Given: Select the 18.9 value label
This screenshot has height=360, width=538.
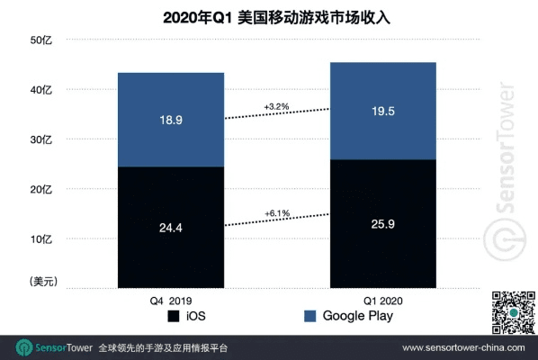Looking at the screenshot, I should point(171,121).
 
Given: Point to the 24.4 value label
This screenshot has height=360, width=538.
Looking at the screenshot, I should point(171,228).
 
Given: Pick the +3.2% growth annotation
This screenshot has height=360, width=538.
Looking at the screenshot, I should point(276,106).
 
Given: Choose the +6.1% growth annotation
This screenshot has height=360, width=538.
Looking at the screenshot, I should point(276,212).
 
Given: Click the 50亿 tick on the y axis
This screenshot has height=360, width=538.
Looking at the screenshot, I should point(42,40).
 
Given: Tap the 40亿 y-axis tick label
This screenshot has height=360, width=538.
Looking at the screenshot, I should point(42,90).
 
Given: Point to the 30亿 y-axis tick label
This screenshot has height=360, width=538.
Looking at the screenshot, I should point(42,139).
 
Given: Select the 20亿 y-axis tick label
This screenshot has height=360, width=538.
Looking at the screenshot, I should point(42,190).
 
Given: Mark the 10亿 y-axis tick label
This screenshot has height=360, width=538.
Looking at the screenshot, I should point(42,239).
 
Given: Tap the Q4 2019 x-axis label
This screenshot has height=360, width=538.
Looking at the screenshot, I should point(171,300).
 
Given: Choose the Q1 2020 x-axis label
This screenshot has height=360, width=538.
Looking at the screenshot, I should point(383,300).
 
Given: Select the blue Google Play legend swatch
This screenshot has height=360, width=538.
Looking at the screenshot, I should point(309,317).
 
